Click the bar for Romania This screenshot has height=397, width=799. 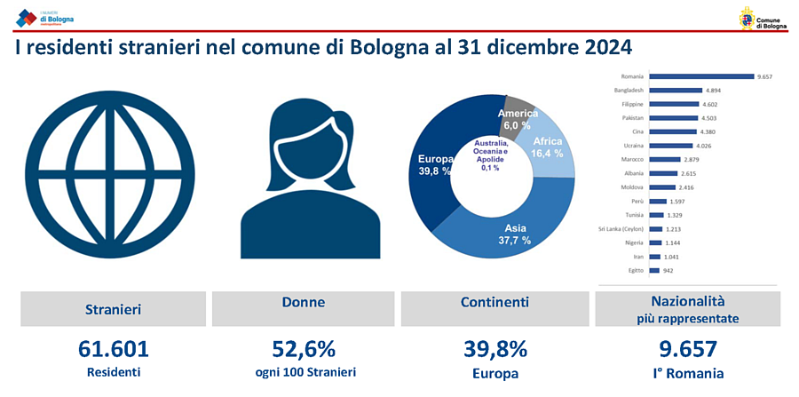[x=701, y=76]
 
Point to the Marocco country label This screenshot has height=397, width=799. [x=632, y=159]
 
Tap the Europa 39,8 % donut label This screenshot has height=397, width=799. [x=436, y=165]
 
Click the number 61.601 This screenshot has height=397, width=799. [x=113, y=349]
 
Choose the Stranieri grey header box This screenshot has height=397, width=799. [x=113, y=309]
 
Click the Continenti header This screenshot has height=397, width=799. [x=495, y=303]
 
